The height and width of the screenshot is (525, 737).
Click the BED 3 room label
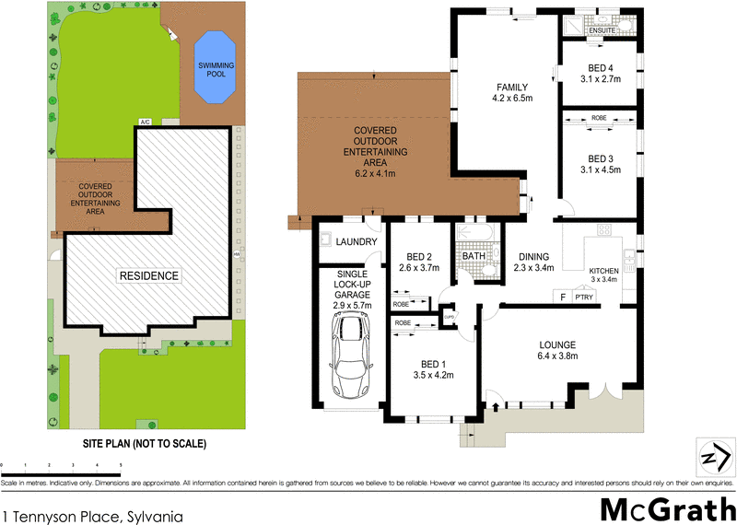[600, 157]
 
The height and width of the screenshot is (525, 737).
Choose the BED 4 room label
[600, 65]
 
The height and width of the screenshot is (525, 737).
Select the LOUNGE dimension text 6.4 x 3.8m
[557, 359]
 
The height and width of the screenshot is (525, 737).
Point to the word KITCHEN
[605, 270]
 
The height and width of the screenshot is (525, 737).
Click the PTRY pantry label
[583, 297]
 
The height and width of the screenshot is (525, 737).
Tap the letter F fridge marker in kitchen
[561, 297]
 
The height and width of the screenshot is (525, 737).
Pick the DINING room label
[533, 257]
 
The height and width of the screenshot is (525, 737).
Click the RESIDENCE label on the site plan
[147, 275]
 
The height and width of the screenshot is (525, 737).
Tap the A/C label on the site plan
[145, 122]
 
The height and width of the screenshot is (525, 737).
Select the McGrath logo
[668, 509]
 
